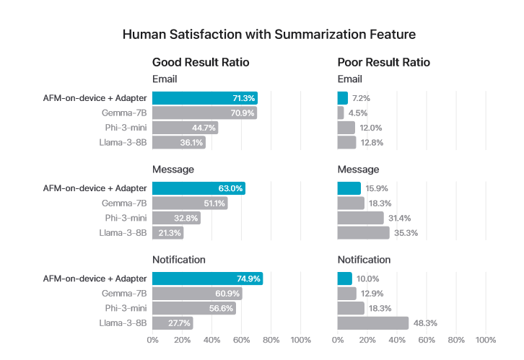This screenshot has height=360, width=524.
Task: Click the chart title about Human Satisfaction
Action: [268, 34]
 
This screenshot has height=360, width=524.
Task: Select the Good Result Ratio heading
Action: [201, 63]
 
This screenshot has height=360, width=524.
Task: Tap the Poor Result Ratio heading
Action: [383, 63]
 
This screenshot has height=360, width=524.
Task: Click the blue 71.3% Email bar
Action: [205, 98]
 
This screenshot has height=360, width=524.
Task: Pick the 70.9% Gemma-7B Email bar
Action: [204, 113]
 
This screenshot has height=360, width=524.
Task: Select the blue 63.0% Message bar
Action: [199, 188]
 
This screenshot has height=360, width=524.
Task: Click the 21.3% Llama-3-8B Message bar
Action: [168, 232]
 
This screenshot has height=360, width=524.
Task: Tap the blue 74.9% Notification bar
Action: [208, 278]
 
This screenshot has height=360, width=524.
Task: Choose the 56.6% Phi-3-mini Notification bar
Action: [194, 308]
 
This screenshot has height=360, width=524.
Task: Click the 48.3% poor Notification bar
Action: [373, 323]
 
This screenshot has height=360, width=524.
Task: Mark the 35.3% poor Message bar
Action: [363, 232]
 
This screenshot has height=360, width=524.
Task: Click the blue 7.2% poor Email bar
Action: [343, 98]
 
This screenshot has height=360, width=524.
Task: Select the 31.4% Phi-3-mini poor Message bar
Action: [361, 218]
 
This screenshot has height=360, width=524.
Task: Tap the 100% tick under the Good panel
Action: [300, 339]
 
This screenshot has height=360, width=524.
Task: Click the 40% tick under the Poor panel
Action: [397, 339]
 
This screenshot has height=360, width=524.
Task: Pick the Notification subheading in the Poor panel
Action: [364, 260]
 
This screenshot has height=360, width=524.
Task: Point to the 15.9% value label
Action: [376, 188]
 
